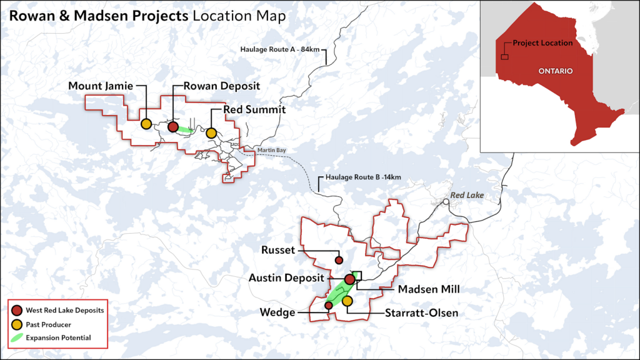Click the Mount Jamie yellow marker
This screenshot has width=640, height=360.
pos(146,124)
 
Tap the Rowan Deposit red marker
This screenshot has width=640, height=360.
pos(173,127)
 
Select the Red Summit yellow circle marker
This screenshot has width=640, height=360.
pos(211,132)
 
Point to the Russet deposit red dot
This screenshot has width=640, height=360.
pos(339,260)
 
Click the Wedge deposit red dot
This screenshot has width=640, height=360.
pos(328,305)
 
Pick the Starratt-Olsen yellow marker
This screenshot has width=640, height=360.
pos(347,301)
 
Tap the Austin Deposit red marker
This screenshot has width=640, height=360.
pos(349,279)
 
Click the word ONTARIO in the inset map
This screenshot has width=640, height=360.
pos(555,71)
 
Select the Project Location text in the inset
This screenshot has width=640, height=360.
pos(542,43)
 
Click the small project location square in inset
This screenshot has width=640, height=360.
pos(504,57)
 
